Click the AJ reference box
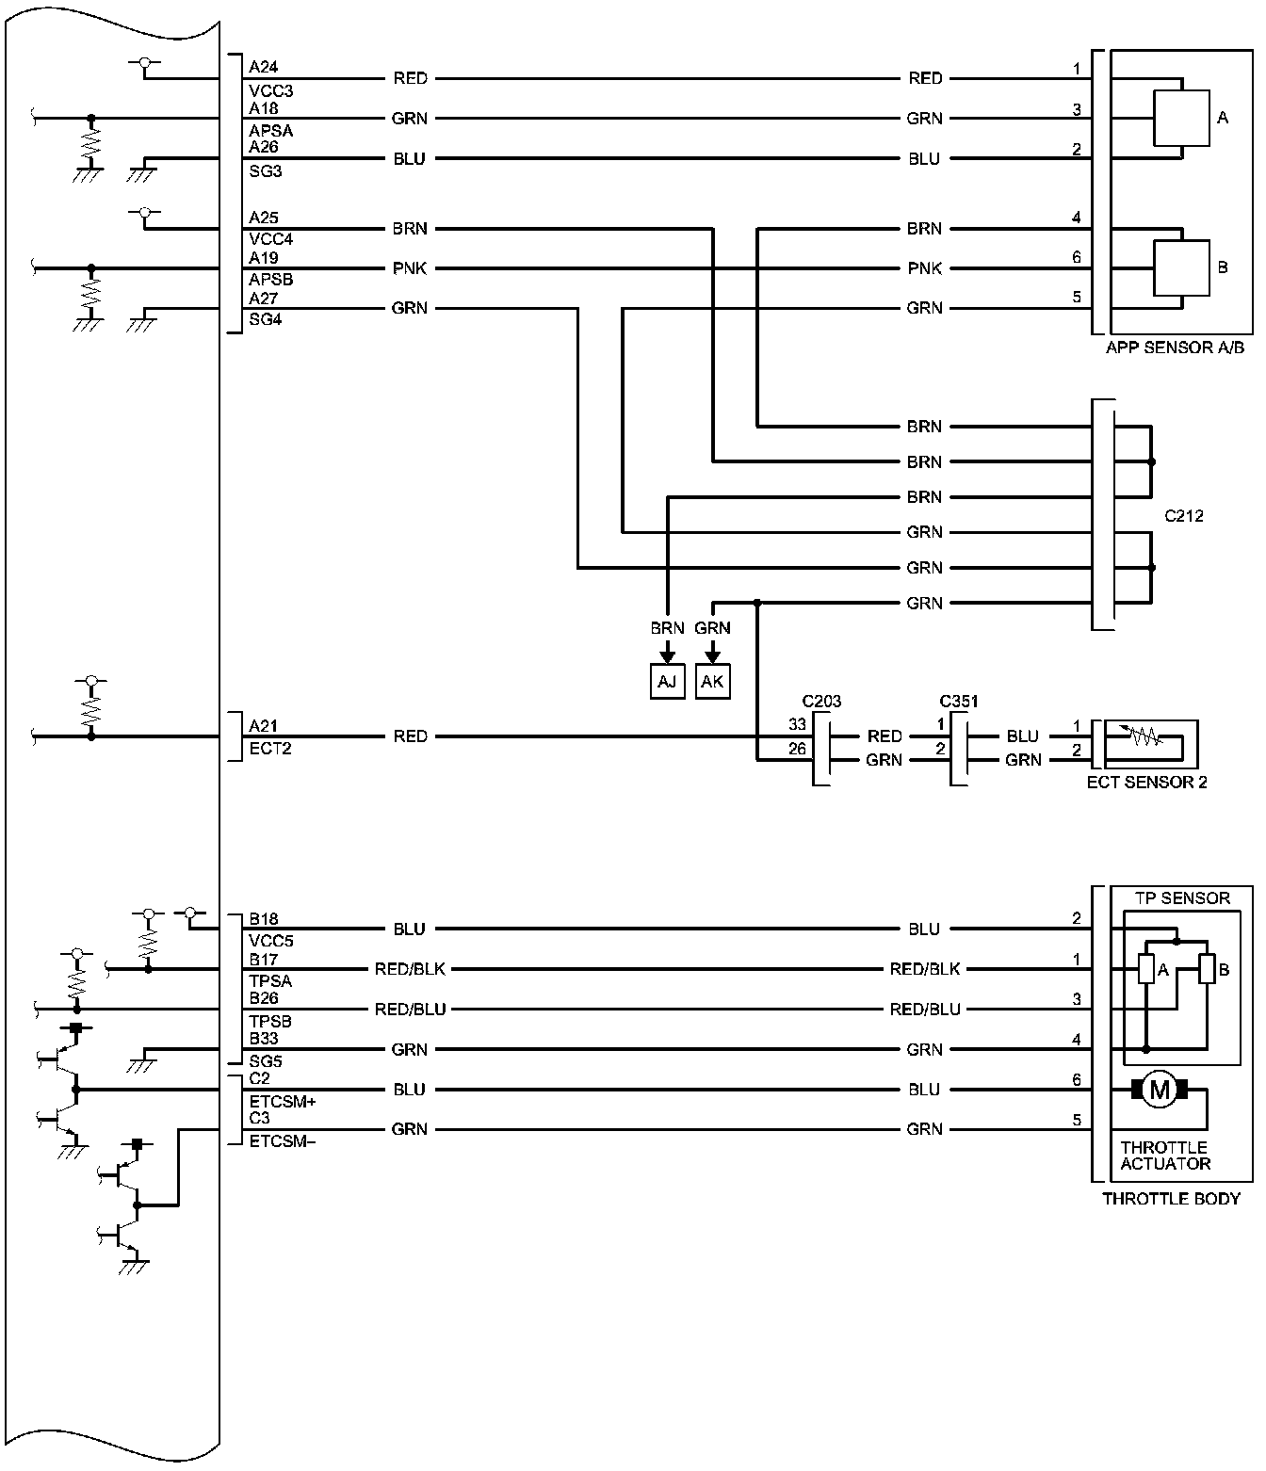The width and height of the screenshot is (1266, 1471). [x=667, y=681]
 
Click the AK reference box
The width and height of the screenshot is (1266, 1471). [x=712, y=681]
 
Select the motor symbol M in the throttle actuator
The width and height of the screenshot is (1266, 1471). [x=1160, y=1091]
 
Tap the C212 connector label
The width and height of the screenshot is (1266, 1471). [x=1183, y=516]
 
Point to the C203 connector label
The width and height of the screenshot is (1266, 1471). [x=821, y=702]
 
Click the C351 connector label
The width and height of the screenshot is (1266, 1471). [x=959, y=702]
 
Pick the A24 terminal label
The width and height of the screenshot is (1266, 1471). [x=263, y=68]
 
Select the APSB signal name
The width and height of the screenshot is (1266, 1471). [x=270, y=280]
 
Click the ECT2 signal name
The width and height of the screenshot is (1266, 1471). [x=269, y=750]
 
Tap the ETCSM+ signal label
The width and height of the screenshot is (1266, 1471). [x=282, y=1101]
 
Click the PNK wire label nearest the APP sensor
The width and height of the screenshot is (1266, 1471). [x=924, y=268]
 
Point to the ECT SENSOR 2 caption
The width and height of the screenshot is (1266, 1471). [x=1146, y=782]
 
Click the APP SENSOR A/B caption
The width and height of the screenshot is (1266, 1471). [x=1175, y=348]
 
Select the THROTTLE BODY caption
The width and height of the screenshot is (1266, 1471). [x=1171, y=1199]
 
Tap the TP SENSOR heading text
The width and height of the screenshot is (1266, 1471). [x=1182, y=898]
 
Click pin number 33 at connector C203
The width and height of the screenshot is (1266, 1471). [x=797, y=724]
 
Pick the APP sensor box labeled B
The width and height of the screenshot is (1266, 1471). [x=1182, y=267]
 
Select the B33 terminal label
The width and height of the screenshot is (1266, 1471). [x=263, y=1039]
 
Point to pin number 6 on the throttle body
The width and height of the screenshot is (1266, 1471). [x=1077, y=1080]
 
